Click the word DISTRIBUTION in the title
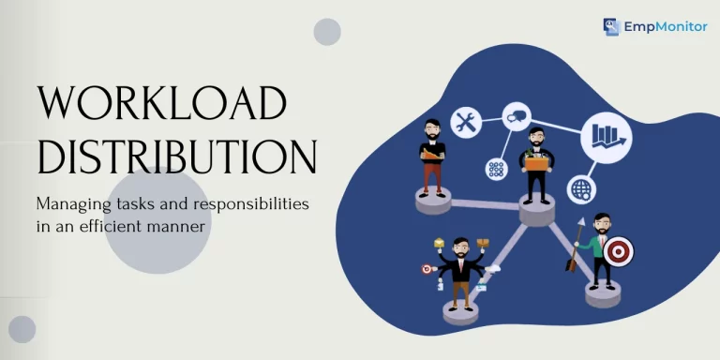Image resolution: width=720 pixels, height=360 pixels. coord(177,157)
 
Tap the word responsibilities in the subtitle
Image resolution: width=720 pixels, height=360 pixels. coord(250,204)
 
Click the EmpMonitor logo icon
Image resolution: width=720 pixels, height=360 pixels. coord(611,26)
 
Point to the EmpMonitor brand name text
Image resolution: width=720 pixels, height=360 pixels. coord(666,27)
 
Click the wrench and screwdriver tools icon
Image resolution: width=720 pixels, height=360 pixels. coord(466,123)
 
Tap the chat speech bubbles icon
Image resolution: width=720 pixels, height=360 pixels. coord(517,116)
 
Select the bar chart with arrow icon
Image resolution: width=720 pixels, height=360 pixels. coord(607,137)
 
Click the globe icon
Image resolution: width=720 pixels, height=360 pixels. coord(581,189)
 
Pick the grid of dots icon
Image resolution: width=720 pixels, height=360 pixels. coord(496,170)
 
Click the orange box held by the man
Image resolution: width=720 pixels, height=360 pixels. coord(537,163)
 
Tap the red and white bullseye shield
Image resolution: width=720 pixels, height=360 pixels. coord(618,251)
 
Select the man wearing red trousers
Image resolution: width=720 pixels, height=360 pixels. coord(432,158)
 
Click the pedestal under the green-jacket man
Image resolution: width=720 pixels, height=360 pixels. coord(603,293)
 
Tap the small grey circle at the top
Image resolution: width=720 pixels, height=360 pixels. coord(327,32)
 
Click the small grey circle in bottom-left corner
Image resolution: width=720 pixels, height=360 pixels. coord(22,329)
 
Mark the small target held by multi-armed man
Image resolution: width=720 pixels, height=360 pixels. coord(427,269)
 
